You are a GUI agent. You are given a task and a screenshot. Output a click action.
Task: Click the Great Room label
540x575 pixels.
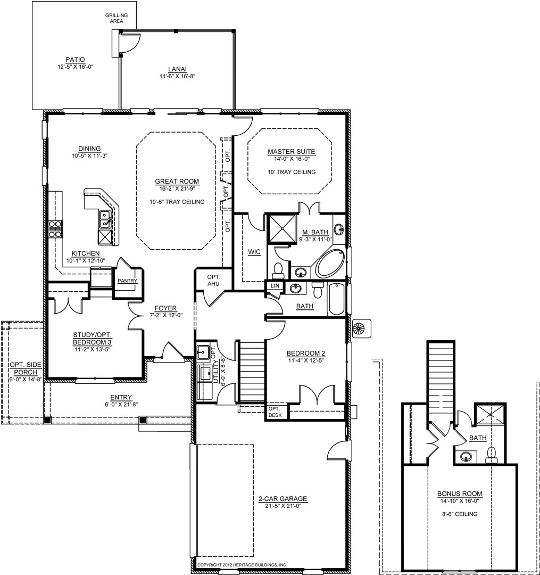click(x=177, y=181)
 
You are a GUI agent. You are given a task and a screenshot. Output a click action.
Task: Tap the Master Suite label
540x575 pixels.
click(x=291, y=151)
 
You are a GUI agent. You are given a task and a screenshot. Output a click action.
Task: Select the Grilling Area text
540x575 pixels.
click(x=117, y=18)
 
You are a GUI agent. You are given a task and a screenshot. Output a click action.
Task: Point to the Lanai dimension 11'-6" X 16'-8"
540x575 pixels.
click(x=177, y=77)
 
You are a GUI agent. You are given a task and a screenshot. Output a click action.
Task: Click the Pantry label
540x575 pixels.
click(x=127, y=281)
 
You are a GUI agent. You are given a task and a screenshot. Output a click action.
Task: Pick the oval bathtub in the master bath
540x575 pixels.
click(x=330, y=264)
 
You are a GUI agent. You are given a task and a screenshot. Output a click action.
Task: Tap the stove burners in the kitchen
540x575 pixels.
click(x=55, y=229)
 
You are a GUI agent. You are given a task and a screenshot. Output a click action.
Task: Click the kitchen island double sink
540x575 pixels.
click(x=105, y=219)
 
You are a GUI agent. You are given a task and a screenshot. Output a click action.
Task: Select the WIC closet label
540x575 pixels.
click(x=254, y=252)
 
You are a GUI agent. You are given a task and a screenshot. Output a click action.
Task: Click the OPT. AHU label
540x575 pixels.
click(x=213, y=280)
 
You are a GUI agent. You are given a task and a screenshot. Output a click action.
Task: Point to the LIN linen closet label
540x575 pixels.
click(x=275, y=286)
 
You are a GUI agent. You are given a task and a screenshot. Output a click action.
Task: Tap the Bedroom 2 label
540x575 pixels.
click(x=305, y=354)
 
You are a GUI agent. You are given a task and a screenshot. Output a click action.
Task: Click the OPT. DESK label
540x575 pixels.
click(x=275, y=412)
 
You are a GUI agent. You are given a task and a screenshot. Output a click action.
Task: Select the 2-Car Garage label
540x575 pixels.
click(x=283, y=499)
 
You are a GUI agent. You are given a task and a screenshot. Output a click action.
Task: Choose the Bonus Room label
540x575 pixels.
click(x=460, y=494)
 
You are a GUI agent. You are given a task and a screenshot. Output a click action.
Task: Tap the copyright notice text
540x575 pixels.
click(x=242, y=565)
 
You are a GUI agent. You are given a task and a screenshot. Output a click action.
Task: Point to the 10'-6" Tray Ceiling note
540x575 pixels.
click(x=177, y=202)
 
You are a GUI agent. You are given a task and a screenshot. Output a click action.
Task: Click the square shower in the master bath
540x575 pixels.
click(x=283, y=228)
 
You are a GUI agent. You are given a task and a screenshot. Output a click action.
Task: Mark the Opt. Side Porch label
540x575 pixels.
click(x=26, y=368)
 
